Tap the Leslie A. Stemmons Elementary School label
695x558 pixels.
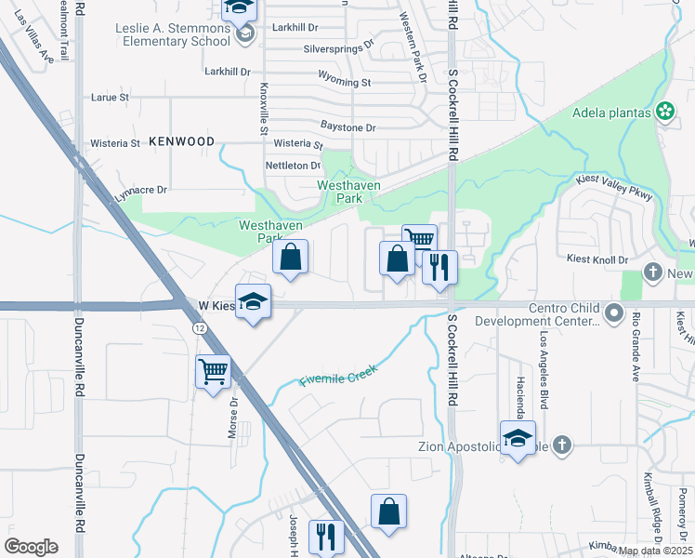pyautogui.click(x=173, y=34)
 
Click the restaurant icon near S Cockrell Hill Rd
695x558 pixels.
pyautogui.click(x=439, y=267)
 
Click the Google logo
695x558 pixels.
pyautogui.click(x=31, y=546)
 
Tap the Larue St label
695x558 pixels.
pyautogui.click(x=110, y=97)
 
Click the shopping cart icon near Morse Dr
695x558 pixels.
pyautogui.click(x=214, y=372)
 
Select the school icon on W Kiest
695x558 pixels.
pyautogui.click(x=253, y=301)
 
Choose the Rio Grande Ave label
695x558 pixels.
pyautogui.click(x=636, y=348)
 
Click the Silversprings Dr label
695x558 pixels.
pyautogui.click(x=337, y=45)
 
